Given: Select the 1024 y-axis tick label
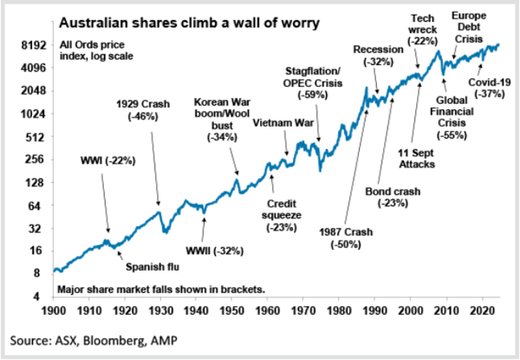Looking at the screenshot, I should tap(33, 113).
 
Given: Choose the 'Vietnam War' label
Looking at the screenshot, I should tap(283, 123).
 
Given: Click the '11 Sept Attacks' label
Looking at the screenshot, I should tap(423, 157).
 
